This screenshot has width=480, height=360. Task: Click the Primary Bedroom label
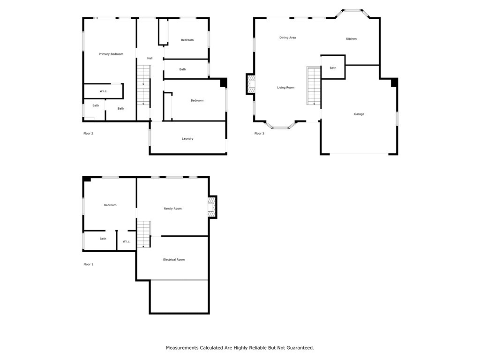[x=111, y=54]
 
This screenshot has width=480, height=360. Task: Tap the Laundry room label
[x=187, y=139]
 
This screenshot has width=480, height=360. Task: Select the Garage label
[x=359, y=114]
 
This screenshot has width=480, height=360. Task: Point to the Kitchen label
[x=351, y=39]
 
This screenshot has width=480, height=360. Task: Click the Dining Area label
[x=287, y=38]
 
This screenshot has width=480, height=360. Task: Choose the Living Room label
[x=285, y=88]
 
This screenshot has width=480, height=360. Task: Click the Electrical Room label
[x=173, y=260]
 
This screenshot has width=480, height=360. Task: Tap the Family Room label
[x=172, y=209]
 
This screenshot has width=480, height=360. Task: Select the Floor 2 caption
[x=88, y=134]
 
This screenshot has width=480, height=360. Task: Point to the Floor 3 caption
[x=259, y=134]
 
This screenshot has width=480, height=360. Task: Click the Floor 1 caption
[x=88, y=264]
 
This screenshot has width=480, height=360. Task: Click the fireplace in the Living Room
[x=251, y=85]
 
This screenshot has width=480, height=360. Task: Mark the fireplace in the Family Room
[x=212, y=207]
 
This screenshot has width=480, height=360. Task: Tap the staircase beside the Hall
[x=143, y=85]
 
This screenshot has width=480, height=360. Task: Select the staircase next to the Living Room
[x=314, y=86]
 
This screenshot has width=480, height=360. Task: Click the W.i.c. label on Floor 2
[x=103, y=91]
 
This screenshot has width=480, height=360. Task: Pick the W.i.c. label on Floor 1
[x=127, y=242]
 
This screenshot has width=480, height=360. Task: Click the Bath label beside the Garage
[x=333, y=68]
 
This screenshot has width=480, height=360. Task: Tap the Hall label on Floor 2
[x=150, y=59]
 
